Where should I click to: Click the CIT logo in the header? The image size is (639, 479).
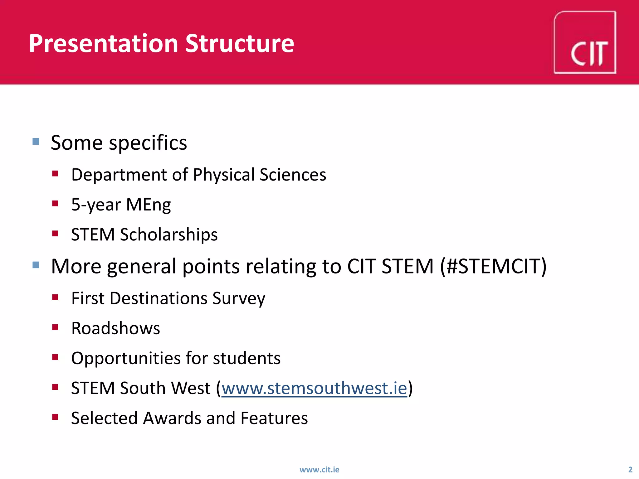point(585,43)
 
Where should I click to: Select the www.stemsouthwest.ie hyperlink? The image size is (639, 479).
point(315,388)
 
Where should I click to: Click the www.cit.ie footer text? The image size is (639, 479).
point(319,469)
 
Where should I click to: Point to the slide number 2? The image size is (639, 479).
point(630,469)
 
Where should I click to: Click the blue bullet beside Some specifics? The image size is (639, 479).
point(36,142)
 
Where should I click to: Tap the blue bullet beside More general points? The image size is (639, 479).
point(36,265)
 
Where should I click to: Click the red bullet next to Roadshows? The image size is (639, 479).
point(55,327)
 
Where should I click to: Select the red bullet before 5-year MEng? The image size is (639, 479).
point(55,204)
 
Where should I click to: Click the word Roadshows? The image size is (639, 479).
point(115,328)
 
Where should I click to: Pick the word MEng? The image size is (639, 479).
point(149,205)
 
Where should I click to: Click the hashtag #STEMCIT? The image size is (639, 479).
point(493,267)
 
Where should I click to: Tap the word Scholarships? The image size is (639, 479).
point(169,235)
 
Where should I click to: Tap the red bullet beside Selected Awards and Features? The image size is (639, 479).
point(55,417)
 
